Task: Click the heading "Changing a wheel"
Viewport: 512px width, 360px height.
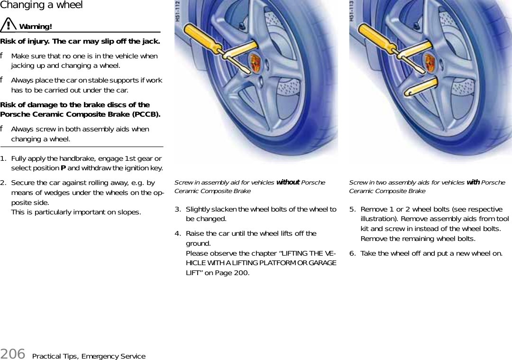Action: [x=41, y=5]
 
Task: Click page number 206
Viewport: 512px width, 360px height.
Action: [x=13, y=353]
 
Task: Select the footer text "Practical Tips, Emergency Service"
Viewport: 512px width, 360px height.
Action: [x=89, y=356]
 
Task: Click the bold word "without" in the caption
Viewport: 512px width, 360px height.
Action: [x=288, y=182]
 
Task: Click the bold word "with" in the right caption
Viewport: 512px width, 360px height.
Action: [x=473, y=182]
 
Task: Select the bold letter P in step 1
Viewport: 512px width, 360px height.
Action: [x=64, y=168]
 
